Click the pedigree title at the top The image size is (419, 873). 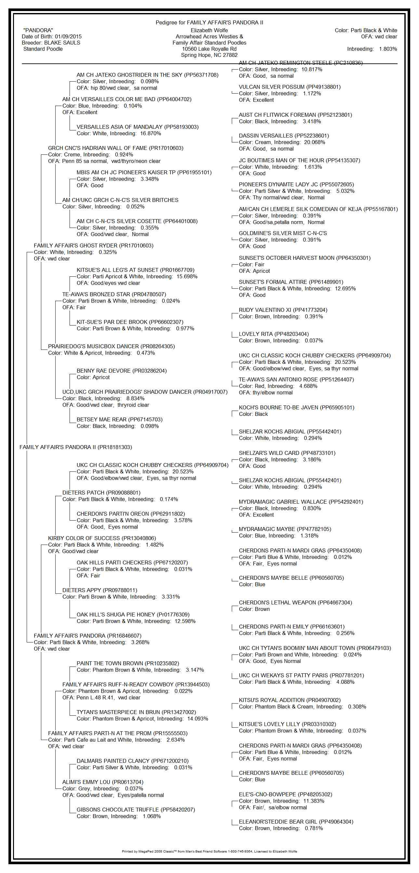pos(209,23)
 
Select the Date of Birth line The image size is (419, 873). pos(51,37)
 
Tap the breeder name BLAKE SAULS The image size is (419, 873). pos(62,43)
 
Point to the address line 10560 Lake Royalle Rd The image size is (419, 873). pos(209,49)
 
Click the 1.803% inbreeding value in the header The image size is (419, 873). pos(388,49)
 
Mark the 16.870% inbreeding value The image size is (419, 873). pos(151,134)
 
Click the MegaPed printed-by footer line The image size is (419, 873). pos(209,851)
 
